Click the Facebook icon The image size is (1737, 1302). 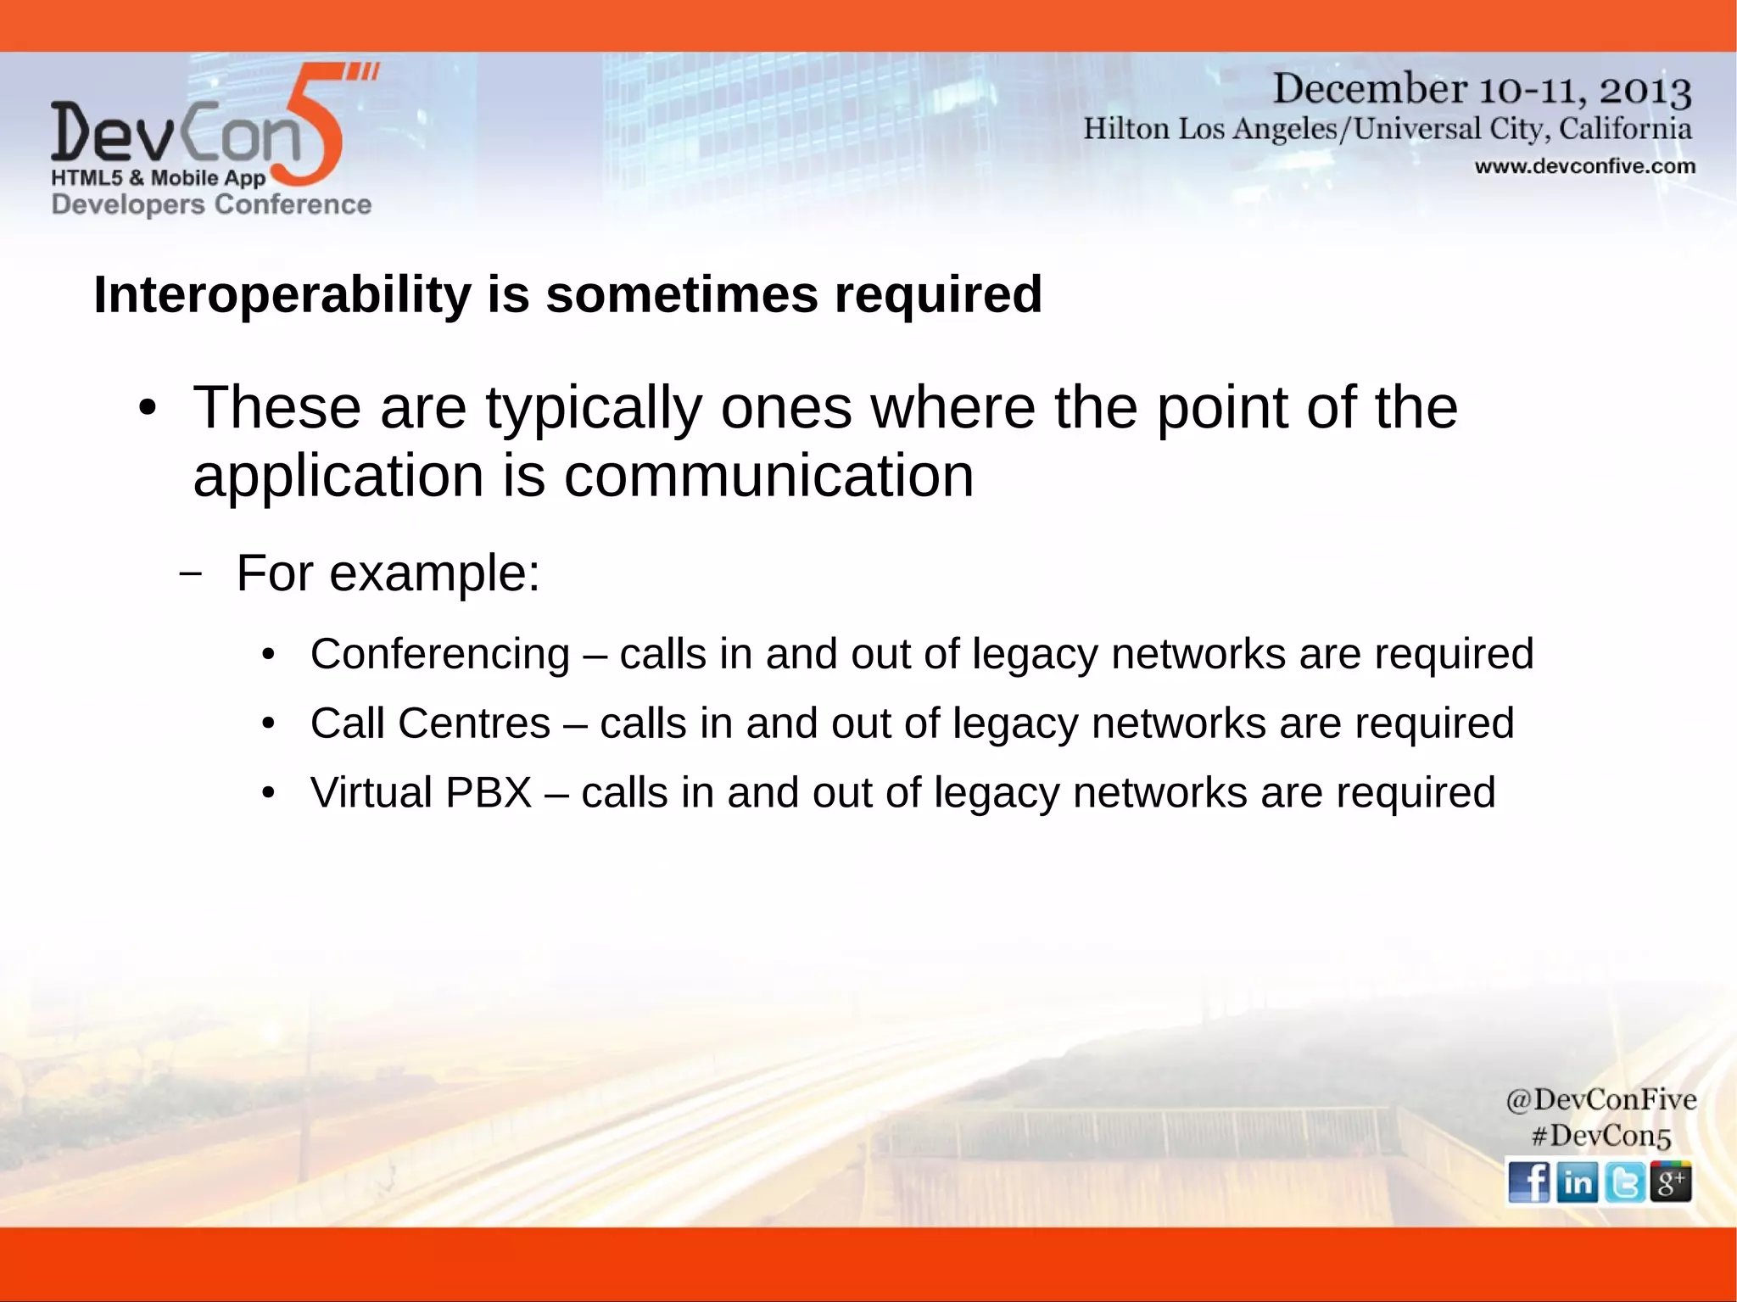pyautogui.click(x=1528, y=1182)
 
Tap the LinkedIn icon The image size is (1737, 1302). pyautogui.click(x=1577, y=1182)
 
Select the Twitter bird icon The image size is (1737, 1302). pyautogui.click(x=1624, y=1182)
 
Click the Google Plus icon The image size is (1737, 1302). pyautogui.click(x=1671, y=1182)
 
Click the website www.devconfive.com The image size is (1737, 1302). pyautogui.click(x=1584, y=166)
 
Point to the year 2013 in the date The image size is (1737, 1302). pyautogui.click(x=1645, y=90)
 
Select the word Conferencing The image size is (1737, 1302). pyautogui.click(x=439, y=654)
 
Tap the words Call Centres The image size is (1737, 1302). pyautogui.click(x=430, y=724)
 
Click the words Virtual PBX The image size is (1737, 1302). pyautogui.click(x=421, y=793)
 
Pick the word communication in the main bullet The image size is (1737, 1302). pyautogui.click(x=768, y=476)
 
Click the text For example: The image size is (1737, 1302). pyautogui.click(x=388, y=573)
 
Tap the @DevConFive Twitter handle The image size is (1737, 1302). pyautogui.click(x=1600, y=1099)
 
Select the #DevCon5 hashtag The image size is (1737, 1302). pyautogui.click(x=1600, y=1136)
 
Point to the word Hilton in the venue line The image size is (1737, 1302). pyautogui.click(x=1126, y=129)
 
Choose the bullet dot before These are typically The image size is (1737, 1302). pyautogui.click(x=148, y=409)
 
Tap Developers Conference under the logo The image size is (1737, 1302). pyautogui.click(x=211, y=204)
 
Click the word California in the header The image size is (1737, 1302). pyautogui.click(x=1625, y=129)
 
